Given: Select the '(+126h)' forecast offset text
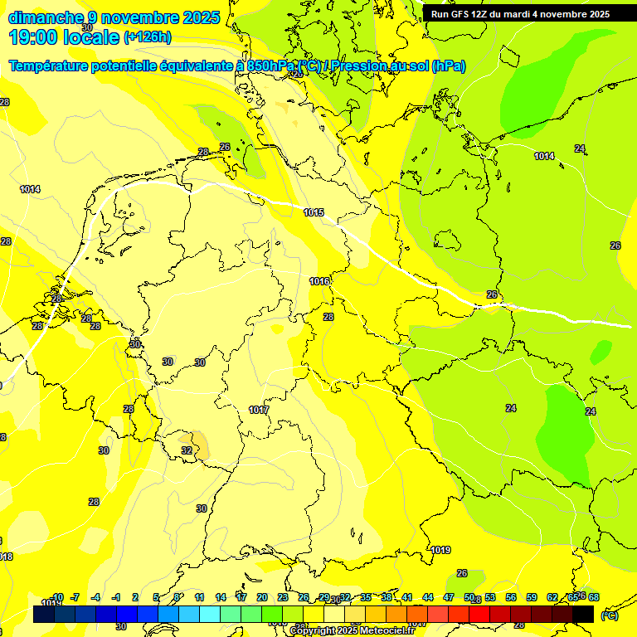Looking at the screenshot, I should pyautogui.click(x=148, y=36).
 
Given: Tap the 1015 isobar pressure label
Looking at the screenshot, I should pyautogui.click(x=314, y=213).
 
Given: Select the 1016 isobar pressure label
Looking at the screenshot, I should pyautogui.click(x=319, y=282).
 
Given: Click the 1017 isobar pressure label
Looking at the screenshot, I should pyautogui.click(x=259, y=411).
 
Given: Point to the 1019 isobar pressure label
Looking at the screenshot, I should pyautogui.click(x=441, y=550).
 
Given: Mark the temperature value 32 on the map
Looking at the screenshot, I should pyautogui.click(x=187, y=450).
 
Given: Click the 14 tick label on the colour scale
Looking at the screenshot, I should pyautogui.click(x=221, y=597).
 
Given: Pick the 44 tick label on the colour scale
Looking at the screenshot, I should pyautogui.click(x=428, y=597).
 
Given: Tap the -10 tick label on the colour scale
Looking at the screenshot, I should pyautogui.click(x=57, y=597).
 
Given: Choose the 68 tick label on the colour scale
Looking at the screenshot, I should pyautogui.click(x=594, y=597).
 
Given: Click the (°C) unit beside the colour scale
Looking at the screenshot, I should pyautogui.click(x=609, y=615).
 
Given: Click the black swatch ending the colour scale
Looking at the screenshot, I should pyautogui.click(x=583, y=614).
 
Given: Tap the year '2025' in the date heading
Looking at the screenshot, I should pyautogui.click(x=200, y=17).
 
